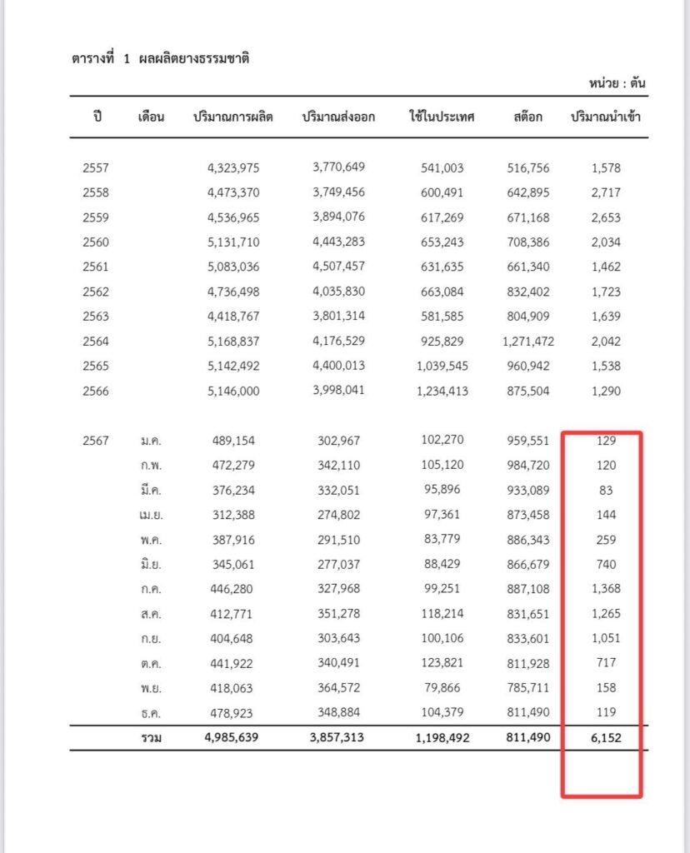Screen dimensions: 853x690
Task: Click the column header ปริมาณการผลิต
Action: pyautogui.click(x=232, y=117)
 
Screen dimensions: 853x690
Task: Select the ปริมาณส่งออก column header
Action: pyautogui.click(x=338, y=117)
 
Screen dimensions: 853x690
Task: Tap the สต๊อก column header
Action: pyautogui.click(x=528, y=117)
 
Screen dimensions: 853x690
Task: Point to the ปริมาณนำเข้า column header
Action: pyautogui.click(x=606, y=117)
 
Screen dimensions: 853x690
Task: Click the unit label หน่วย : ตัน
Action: pyautogui.click(x=617, y=83)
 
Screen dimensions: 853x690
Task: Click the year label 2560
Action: pyautogui.click(x=96, y=242)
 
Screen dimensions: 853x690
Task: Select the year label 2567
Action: pyautogui.click(x=96, y=441)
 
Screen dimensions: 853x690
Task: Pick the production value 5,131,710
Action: pyautogui.click(x=233, y=242)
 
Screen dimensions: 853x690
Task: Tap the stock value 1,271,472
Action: pyautogui.click(x=528, y=341)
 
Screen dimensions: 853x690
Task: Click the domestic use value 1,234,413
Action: pyautogui.click(x=442, y=391)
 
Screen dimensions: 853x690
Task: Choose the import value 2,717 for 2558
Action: pyautogui.click(x=606, y=192)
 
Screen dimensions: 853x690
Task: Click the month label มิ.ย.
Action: pyautogui.click(x=151, y=564)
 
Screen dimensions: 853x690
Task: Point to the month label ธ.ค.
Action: pyautogui.click(x=151, y=713)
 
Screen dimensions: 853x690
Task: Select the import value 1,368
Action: pyautogui.click(x=606, y=589)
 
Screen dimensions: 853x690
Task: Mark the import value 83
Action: pyautogui.click(x=606, y=490)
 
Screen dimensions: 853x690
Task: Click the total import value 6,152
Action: pyautogui.click(x=606, y=737)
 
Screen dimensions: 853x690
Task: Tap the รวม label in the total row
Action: pyautogui.click(x=151, y=738)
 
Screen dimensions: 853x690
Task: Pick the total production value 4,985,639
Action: pyautogui.click(x=233, y=737)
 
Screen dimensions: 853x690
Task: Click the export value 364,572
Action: pyautogui.click(x=338, y=688)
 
